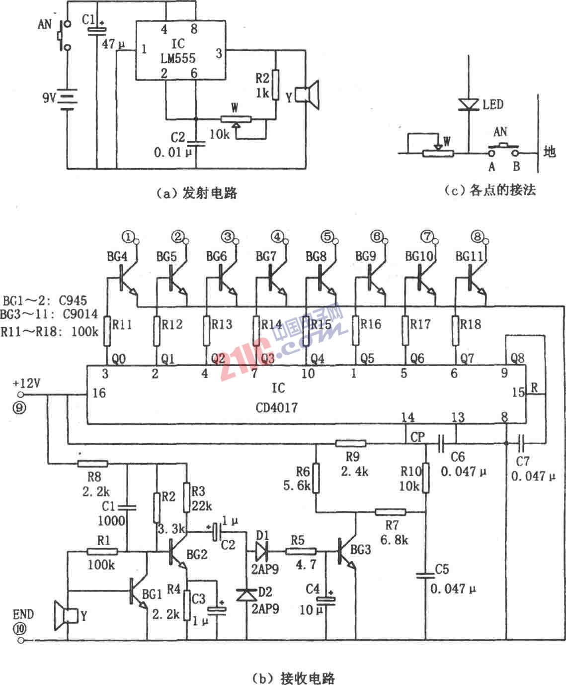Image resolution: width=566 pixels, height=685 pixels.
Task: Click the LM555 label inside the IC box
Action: (x=178, y=58)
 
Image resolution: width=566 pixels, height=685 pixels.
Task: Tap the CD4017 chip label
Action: (x=277, y=408)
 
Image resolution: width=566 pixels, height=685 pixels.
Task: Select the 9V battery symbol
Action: (x=67, y=98)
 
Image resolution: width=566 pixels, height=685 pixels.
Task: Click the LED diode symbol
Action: (x=468, y=104)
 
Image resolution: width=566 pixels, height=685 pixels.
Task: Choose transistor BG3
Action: (x=345, y=552)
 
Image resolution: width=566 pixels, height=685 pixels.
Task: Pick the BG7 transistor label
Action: (x=266, y=256)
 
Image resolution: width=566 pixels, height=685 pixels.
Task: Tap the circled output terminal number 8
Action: (x=477, y=236)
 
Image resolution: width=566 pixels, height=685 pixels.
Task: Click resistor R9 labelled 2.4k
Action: (x=351, y=443)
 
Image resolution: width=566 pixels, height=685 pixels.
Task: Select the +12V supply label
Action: (x=26, y=384)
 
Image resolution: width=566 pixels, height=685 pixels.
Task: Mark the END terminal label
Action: (x=23, y=614)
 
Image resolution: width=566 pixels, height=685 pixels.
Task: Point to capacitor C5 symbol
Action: (x=425, y=576)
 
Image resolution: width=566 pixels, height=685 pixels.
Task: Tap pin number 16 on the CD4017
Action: (x=99, y=393)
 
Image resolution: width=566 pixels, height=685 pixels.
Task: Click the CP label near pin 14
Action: (x=417, y=437)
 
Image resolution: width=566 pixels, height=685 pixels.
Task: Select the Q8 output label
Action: (x=517, y=358)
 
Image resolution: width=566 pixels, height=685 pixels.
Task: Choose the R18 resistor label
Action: (x=470, y=324)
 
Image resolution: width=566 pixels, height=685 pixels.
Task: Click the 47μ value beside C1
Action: (x=113, y=44)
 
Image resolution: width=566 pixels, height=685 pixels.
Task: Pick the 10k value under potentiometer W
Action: (x=219, y=134)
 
